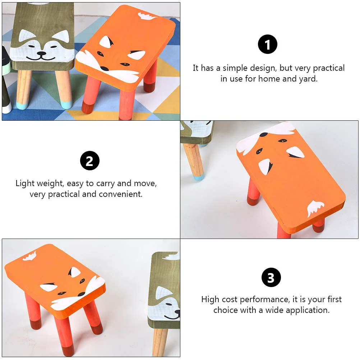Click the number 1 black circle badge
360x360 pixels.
point(268,45)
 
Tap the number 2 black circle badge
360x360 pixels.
point(89,161)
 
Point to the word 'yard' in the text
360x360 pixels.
point(308,79)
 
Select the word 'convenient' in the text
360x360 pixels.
point(122,194)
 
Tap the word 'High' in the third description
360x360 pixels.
point(210,299)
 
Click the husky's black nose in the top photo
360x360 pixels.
point(42,54)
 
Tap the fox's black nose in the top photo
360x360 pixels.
point(104,69)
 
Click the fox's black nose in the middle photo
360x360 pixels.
point(263,135)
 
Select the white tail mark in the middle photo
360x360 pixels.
point(315,208)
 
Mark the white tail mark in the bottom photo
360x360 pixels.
point(29,256)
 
